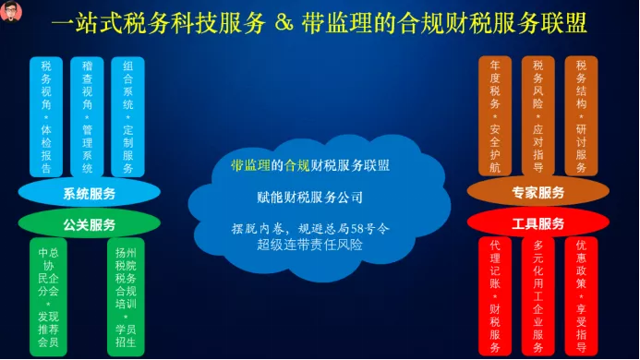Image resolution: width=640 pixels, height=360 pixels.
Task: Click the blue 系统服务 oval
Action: pos(89,193)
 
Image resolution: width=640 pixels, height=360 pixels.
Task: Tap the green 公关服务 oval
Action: pos(89,224)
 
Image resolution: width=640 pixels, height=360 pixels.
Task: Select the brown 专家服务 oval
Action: pos(538,192)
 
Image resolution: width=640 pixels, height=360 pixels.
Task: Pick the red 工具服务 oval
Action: pos(538,222)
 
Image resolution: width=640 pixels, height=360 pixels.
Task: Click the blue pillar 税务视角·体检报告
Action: pos(46,117)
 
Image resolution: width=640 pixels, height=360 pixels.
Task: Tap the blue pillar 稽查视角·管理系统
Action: pos(87,117)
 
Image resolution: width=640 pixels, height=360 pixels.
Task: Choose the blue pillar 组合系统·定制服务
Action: pos(127,117)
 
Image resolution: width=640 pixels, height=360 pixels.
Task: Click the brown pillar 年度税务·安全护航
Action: pos(495,116)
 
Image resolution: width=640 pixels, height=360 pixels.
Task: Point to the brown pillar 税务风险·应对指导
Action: pos(538,116)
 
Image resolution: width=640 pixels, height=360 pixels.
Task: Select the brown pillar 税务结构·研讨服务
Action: pos(581,116)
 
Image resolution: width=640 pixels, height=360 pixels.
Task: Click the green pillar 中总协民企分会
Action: pos(48,297)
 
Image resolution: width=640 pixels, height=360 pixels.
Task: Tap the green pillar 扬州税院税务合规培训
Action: pos(126,297)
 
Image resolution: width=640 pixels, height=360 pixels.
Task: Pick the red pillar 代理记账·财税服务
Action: pos(495,296)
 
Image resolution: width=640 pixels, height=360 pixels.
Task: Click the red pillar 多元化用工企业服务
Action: pos(538,296)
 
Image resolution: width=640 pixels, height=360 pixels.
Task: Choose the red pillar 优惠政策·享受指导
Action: pos(581,296)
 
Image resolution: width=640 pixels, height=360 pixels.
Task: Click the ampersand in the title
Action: pos(284,23)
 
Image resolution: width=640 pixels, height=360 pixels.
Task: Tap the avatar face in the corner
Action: pos(11,10)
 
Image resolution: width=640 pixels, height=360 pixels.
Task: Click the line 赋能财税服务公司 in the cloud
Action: pos(309,198)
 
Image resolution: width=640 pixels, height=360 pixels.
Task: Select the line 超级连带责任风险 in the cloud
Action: pos(309,245)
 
